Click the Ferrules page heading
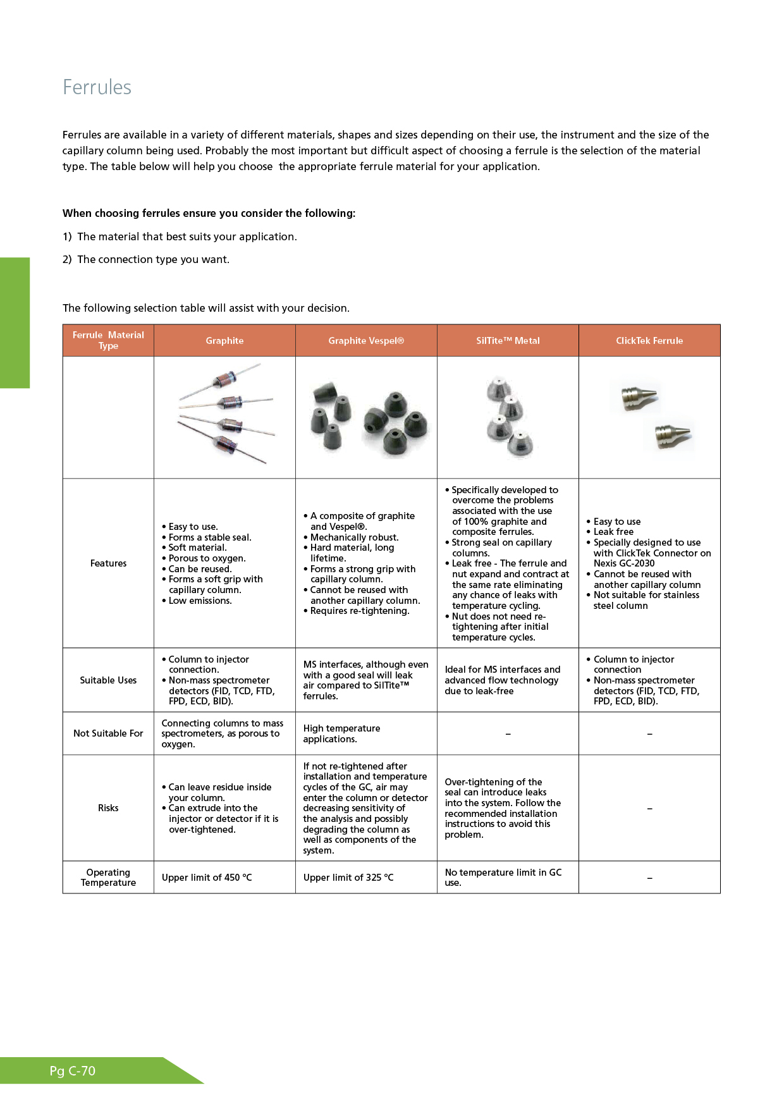97,87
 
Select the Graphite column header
224,341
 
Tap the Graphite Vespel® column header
365,341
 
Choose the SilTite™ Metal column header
508,341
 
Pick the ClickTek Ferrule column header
649,341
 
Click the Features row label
108,563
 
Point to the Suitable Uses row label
108,680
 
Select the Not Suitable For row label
108,733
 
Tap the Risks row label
108,808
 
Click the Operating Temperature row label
108,878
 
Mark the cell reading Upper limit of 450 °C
207,878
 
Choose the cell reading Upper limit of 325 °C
348,878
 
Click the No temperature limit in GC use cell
503,878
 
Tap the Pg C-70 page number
73,1071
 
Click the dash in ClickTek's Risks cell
649,809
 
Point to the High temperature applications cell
341,733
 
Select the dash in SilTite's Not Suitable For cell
508,734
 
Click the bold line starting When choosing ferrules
209,214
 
